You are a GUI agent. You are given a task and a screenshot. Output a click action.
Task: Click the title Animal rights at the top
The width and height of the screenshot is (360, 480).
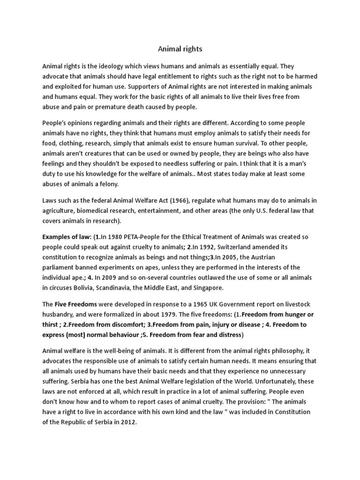[180, 48]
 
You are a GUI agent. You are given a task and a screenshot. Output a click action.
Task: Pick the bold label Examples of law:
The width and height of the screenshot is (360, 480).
[67, 237]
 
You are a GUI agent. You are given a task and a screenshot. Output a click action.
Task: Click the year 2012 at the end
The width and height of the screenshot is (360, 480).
[128, 422]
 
